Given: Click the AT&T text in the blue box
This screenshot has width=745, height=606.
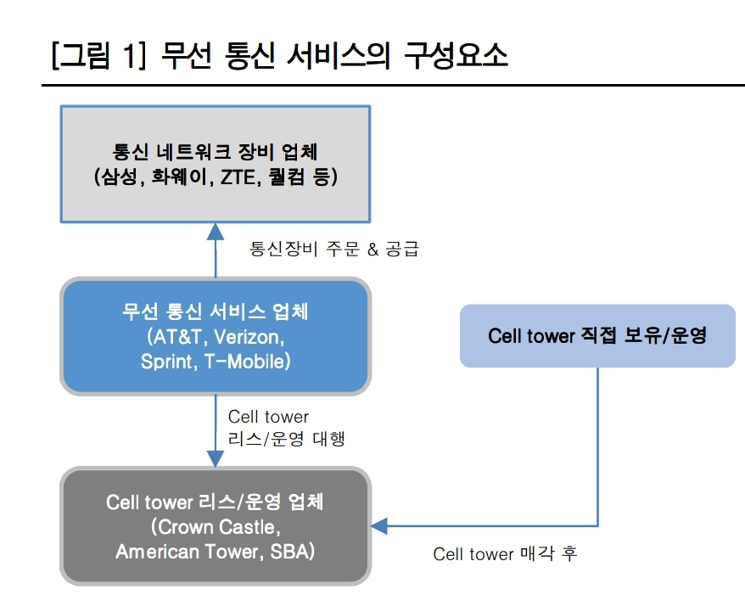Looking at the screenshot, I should pos(177,336).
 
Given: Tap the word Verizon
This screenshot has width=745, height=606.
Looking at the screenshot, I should pos(249,336).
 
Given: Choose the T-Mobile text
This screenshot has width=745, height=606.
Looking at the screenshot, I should pos(247,361).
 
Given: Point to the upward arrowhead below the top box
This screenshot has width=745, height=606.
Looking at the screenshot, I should pos(216,230).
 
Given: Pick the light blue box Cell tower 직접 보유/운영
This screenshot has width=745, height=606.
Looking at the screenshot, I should pos(597,336).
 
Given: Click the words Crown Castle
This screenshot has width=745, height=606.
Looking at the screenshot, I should pos(215,527).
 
